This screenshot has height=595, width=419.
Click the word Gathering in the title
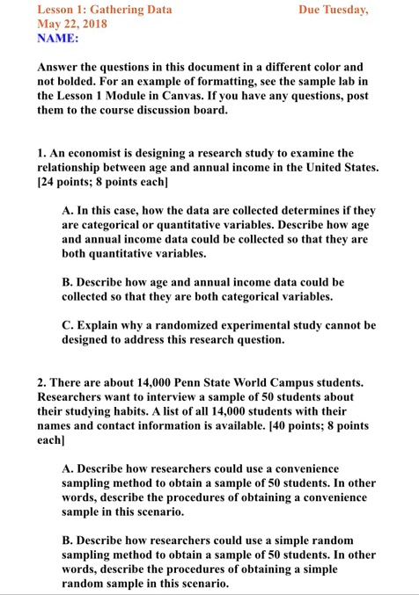[x=115, y=11]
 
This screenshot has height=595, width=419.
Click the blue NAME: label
[x=58, y=40]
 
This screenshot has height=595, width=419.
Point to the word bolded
[x=77, y=83]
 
